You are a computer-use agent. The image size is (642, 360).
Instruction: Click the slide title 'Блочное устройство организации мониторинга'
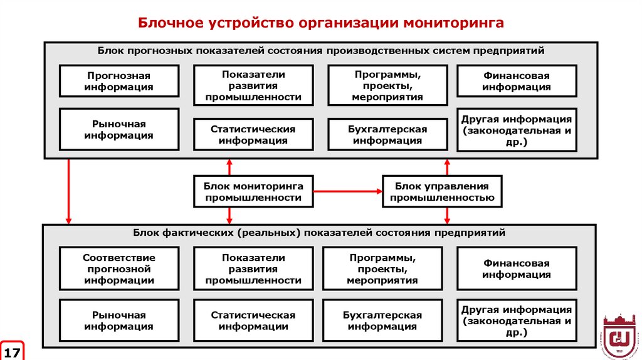pyautogui.click(x=321, y=23)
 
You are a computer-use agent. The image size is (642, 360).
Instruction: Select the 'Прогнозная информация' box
pyautogui.click(x=119, y=81)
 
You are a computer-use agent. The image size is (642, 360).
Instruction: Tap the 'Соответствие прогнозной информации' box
pyautogui.click(x=119, y=269)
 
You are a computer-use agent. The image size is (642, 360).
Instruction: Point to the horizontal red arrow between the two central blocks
pyautogui.click(x=348, y=191)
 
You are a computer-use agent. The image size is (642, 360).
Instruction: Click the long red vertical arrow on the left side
pyautogui.click(x=68, y=191)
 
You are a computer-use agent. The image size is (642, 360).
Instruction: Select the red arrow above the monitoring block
pyautogui.click(x=229, y=167)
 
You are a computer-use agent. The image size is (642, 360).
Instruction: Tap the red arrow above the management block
pyautogui.click(x=447, y=167)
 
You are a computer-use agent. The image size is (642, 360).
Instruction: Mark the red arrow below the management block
pyautogui.click(x=447, y=215)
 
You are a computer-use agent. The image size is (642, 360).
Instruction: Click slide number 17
pyautogui.click(x=12, y=350)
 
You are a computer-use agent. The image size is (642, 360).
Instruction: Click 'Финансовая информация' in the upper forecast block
pyautogui.click(x=517, y=81)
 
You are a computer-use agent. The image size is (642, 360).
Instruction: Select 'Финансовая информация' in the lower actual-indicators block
pyautogui.click(x=517, y=269)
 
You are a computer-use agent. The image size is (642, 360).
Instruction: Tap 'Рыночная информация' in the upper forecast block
pyautogui.click(x=119, y=129)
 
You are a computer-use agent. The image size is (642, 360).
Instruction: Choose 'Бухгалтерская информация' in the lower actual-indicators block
pyautogui.click(x=382, y=320)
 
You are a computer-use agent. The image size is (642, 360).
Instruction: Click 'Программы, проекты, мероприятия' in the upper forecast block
pyautogui.click(x=387, y=85)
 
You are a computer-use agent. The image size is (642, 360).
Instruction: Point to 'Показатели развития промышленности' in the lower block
pyautogui.click(x=253, y=269)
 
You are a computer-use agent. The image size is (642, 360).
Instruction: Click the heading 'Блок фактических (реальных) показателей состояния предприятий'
pyautogui.click(x=318, y=233)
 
